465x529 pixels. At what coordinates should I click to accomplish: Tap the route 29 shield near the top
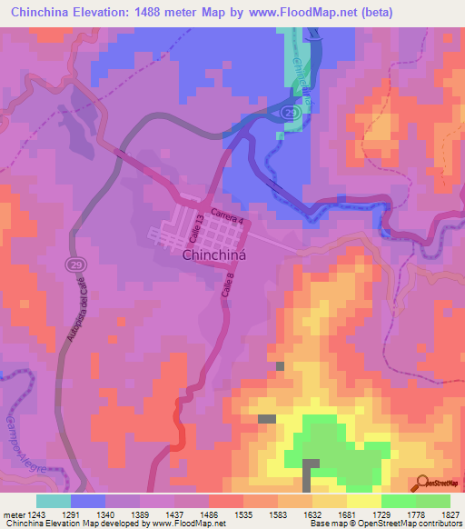[x=288, y=111]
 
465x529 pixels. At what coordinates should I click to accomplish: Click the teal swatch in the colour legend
[x=54, y=501]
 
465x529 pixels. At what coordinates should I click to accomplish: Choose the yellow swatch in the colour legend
[x=364, y=501]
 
